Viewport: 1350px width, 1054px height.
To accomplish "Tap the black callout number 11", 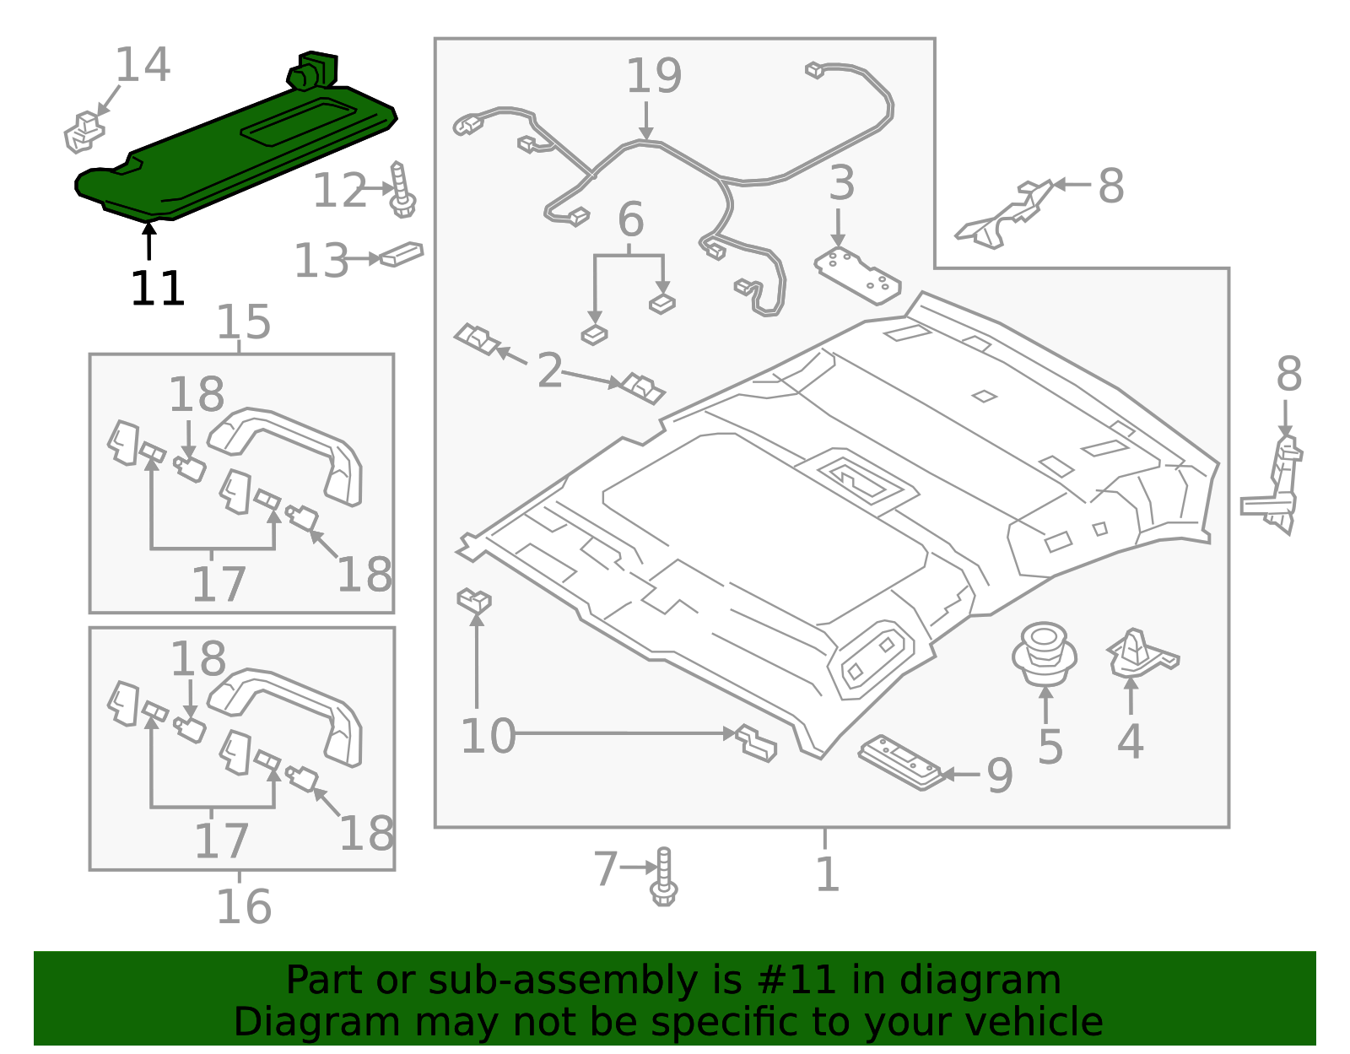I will [x=158, y=289].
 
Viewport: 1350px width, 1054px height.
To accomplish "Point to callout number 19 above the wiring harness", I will [x=653, y=77].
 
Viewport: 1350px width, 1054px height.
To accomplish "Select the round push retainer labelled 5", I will [x=1045, y=653].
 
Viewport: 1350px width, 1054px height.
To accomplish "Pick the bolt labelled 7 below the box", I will [x=664, y=878].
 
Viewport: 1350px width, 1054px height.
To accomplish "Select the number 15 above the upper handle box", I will [x=244, y=322].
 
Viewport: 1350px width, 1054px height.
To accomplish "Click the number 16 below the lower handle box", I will [x=244, y=906].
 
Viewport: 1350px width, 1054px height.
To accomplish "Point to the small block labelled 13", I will [x=402, y=254].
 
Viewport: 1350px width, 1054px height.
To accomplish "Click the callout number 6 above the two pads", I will [x=630, y=220].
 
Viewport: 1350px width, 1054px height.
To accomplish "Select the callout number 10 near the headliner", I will [x=488, y=736].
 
